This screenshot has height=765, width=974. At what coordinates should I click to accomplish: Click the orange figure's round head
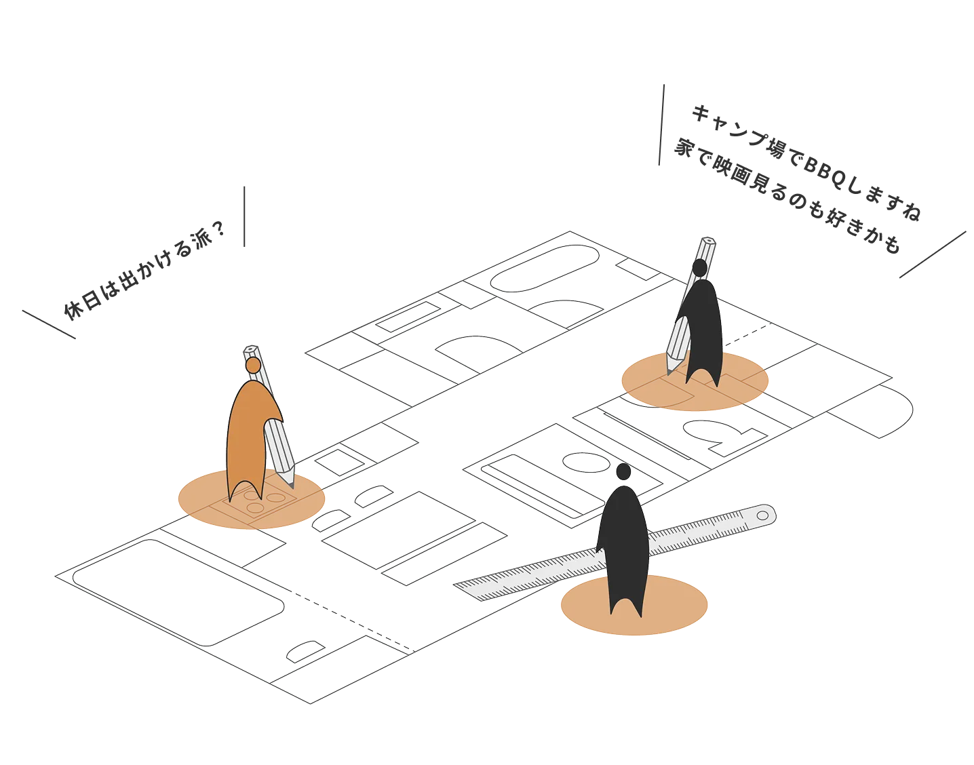(253, 366)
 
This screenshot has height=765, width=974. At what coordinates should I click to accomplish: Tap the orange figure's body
(246, 434)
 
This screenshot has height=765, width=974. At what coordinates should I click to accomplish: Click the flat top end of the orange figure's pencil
(250, 352)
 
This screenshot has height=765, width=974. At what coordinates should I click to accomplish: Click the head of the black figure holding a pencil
(699, 267)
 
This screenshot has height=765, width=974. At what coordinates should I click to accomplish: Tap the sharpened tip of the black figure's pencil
(669, 370)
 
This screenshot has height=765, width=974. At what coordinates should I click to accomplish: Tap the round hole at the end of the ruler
(763, 515)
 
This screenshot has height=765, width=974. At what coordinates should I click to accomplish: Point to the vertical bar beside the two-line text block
(663, 123)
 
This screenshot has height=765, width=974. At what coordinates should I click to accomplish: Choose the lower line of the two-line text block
(787, 196)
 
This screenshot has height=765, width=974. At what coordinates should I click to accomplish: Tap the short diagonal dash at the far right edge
(933, 255)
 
